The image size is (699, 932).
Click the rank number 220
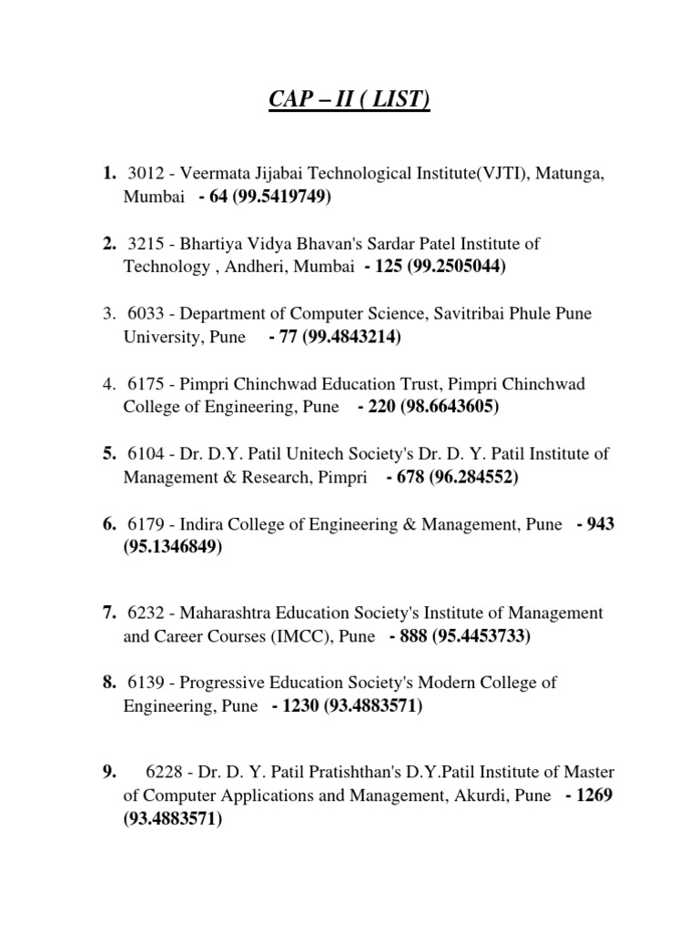pos(382,406)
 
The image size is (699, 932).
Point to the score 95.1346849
pos(173,547)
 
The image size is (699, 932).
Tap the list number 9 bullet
pos(110,772)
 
